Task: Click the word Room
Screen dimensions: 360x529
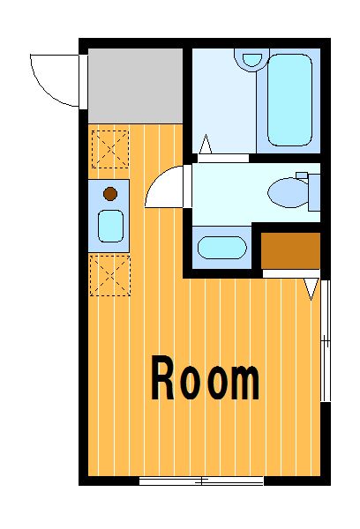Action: [206, 378]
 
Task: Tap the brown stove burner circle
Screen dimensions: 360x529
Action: [110, 194]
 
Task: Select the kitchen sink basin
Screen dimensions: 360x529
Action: [110, 226]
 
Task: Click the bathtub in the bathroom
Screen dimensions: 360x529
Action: [289, 101]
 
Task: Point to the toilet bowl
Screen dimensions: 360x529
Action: [288, 192]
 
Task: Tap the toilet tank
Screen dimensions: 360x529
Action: [314, 192]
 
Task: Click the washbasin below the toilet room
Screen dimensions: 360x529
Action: [221, 247]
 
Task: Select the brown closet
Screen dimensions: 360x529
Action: [290, 250]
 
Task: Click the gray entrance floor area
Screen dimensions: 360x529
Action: [135, 86]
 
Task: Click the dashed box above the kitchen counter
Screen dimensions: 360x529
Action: [110, 149]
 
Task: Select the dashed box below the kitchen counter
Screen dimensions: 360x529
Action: [110, 276]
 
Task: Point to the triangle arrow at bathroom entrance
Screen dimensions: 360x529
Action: [206, 144]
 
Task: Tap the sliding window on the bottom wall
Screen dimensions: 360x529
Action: [201, 481]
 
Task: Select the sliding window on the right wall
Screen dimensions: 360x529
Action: [326, 340]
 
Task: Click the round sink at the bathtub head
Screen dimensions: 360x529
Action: [252, 59]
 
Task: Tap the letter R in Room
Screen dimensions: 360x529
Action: [162, 378]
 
